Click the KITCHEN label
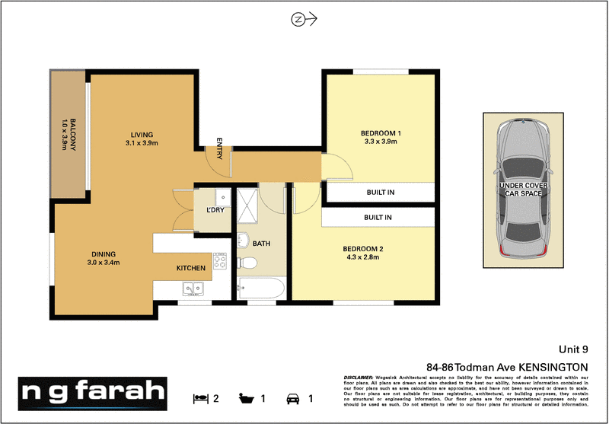pyautogui.click(x=191, y=269)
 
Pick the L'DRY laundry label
pyautogui.click(x=214, y=210)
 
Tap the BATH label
pyautogui.click(x=263, y=244)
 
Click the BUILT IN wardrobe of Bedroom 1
pyautogui.click(x=380, y=193)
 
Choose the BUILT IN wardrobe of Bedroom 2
pyautogui.click(x=378, y=218)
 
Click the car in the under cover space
pyautogui.click(x=525, y=188)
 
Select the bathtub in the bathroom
pyautogui.click(x=260, y=289)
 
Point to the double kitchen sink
pyautogui.click(x=193, y=289)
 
